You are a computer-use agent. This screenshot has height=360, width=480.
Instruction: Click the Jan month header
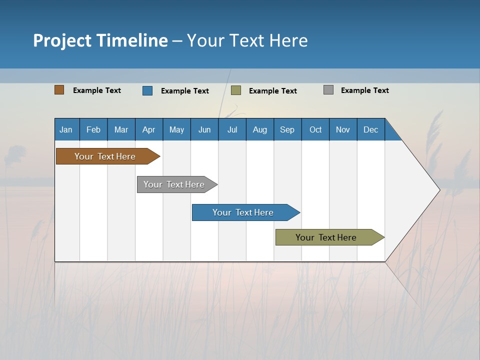66,129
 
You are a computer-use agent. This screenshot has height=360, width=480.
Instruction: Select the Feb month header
93,129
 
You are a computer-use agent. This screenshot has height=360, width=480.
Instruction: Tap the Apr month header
149,129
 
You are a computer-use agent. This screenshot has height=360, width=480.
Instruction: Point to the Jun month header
204,129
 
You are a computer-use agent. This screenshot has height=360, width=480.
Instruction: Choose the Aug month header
260,129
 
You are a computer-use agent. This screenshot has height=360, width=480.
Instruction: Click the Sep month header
287,129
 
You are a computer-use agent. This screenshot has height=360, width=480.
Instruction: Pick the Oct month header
315,129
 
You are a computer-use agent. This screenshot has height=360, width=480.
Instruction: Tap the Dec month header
371,129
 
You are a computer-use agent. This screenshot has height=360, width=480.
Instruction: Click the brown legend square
59,90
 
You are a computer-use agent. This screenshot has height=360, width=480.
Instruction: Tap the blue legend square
147,90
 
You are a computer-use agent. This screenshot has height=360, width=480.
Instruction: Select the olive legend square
236,90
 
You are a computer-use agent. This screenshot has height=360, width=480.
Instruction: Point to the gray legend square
328,90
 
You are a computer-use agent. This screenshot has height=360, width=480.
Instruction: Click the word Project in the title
62,40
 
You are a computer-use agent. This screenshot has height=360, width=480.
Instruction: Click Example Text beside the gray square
364,90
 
